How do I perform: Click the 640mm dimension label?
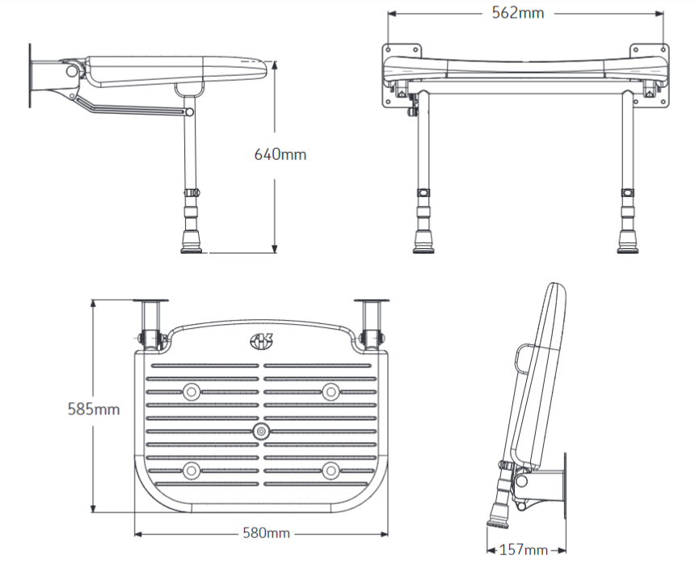(280, 154)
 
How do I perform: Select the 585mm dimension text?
(93, 409)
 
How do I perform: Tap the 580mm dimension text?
(266, 533)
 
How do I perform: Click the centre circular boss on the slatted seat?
(261, 431)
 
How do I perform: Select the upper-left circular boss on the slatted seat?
(192, 391)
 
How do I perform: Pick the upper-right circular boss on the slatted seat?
(331, 391)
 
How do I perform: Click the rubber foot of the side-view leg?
(192, 243)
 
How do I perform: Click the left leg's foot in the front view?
(423, 242)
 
